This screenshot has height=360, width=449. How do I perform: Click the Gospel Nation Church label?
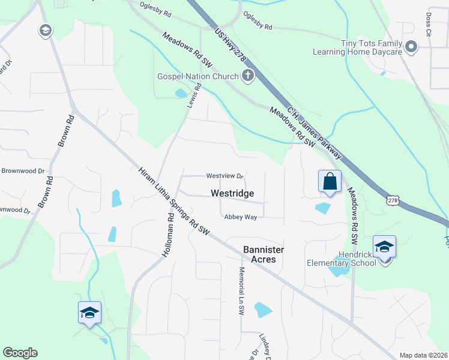pyautogui.click(x=197, y=76)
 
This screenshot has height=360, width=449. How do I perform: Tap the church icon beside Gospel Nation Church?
pyautogui.click(x=247, y=76)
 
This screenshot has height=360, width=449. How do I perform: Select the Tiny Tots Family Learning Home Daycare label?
pyautogui.click(x=358, y=47)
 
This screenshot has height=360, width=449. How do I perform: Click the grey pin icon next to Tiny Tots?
pyautogui.click(x=411, y=46)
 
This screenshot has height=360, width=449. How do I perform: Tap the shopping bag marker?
pyautogui.click(x=330, y=181)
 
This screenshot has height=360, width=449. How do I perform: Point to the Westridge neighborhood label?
pyautogui.click(x=232, y=194)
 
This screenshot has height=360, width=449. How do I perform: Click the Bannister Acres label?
pyautogui.click(x=264, y=254)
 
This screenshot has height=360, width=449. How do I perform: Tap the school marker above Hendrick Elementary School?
pyautogui.click(x=384, y=247)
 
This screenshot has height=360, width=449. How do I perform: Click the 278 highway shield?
pyautogui.click(x=393, y=200)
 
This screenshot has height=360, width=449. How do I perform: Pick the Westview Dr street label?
pyautogui.click(x=224, y=176)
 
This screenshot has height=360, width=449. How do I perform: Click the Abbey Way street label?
pyautogui.click(x=240, y=217)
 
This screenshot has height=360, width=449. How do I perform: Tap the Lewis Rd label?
pyautogui.click(x=193, y=96)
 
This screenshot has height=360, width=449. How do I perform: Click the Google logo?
pyautogui.click(x=20, y=353)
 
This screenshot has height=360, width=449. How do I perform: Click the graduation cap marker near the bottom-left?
pyautogui.click(x=89, y=313)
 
